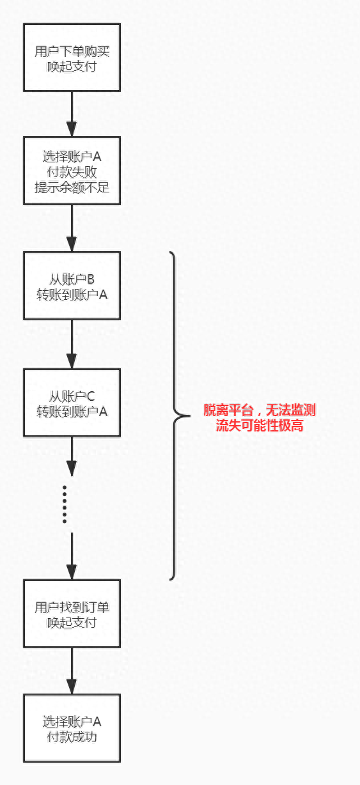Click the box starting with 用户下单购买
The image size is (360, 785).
click(72, 58)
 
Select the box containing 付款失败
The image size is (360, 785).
click(72, 171)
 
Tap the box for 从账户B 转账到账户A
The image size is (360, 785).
click(72, 286)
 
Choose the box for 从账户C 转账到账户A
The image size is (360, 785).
click(72, 403)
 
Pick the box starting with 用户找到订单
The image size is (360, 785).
click(72, 614)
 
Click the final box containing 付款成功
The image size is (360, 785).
click(72, 729)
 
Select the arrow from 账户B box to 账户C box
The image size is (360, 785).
click(72, 344)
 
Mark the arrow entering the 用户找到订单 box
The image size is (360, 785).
click(72, 556)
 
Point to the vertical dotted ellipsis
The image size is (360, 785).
click(65, 504)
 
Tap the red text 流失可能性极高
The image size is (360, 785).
click(259, 425)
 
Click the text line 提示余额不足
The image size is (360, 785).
click(72, 187)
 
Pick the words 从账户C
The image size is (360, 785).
click(72, 395)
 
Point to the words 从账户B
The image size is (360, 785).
click(72, 279)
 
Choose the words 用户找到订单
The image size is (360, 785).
click(72, 607)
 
